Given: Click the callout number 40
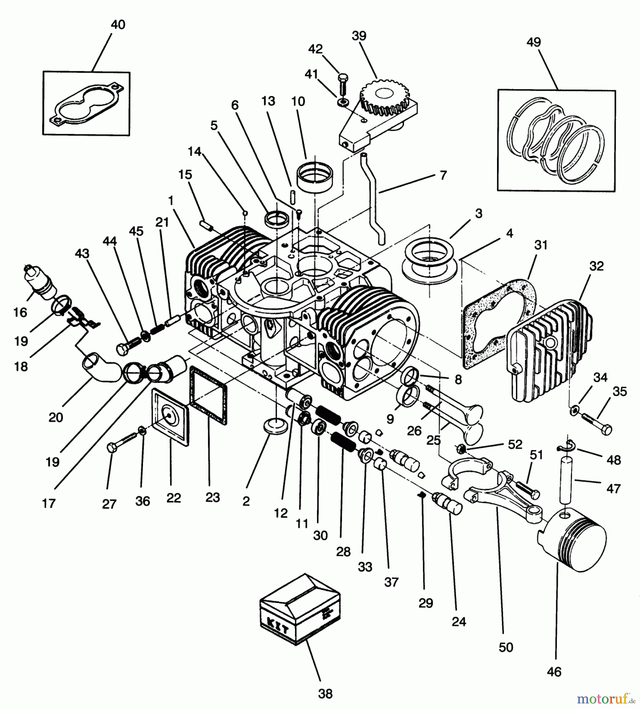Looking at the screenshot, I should tap(118, 24).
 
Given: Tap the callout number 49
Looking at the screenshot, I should tap(534, 42).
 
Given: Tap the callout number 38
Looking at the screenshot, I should tap(325, 693).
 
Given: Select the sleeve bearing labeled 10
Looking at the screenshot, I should tap(315, 177).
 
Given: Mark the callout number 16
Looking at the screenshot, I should tap(20, 312).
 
